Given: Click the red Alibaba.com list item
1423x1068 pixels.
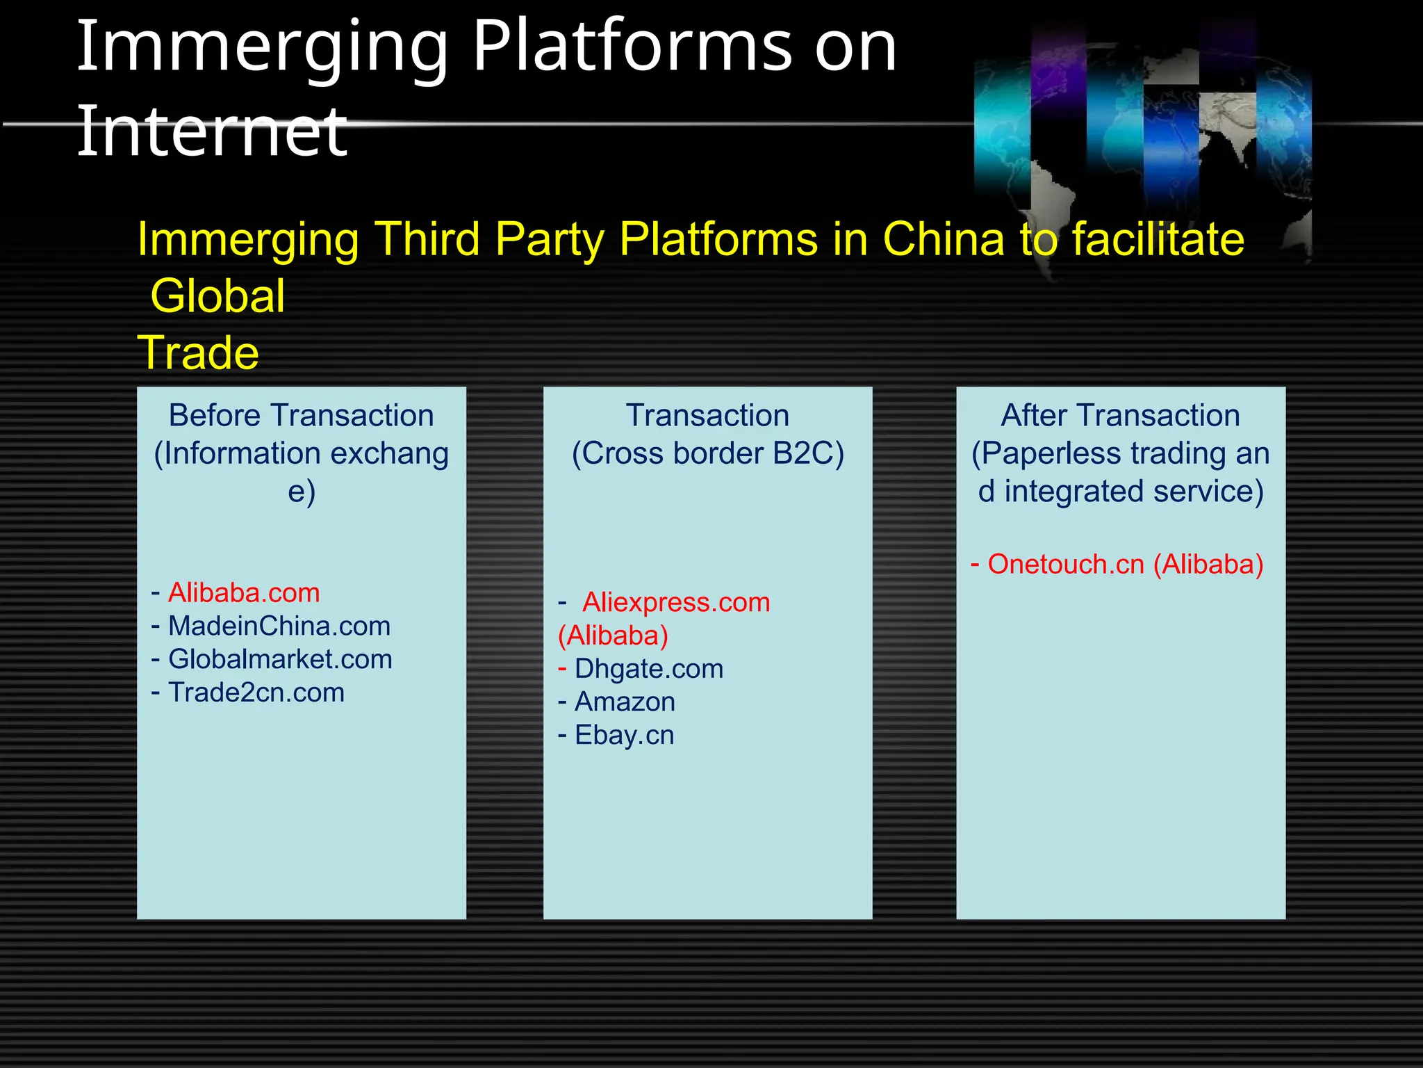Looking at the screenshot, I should coord(244,593).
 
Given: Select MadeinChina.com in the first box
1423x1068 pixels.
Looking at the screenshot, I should coord(279,626).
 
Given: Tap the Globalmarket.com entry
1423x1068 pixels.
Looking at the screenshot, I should coord(280,660).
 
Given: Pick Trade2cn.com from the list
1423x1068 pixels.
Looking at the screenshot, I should coord(256,693).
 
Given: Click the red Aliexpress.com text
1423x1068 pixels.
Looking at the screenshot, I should coord(676,603).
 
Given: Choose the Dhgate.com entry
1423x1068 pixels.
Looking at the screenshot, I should coord(649,669).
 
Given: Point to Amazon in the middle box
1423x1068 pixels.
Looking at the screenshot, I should coord(625,702).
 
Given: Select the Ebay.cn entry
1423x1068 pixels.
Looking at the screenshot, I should coord(624,736).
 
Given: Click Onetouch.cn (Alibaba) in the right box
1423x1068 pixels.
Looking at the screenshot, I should coord(1125,565).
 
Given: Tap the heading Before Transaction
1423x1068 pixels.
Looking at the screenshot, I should coord(302,416).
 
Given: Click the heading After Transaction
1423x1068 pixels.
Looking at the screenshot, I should coord(1120,416).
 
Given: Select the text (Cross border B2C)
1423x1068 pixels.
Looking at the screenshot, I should coord(707,454).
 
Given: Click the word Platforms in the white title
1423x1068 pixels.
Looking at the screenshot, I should coord(632,47).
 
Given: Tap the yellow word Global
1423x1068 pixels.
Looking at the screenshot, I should coord(217,296).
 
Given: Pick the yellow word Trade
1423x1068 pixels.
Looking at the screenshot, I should coord(199,353).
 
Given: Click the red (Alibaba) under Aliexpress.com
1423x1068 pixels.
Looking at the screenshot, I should coord(613,636).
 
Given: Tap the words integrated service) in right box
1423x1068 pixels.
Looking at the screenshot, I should coord(1133,492).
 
